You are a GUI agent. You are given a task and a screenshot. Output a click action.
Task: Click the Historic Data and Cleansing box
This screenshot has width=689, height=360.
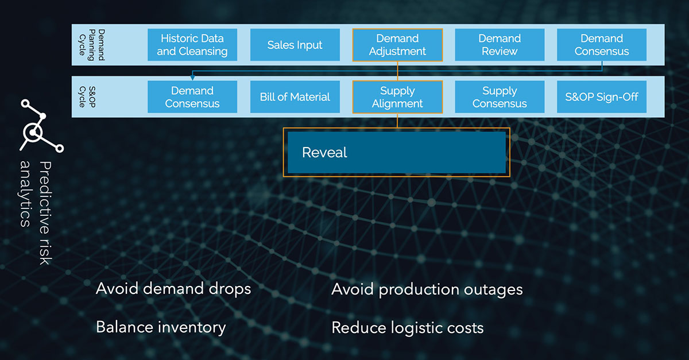[192, 45]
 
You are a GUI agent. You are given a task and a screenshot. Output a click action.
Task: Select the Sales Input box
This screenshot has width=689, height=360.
[295, 45]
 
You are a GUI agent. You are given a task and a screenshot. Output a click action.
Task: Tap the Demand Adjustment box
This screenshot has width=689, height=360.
[397, 45]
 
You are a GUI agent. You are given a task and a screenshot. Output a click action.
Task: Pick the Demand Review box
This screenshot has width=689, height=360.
[500, 45]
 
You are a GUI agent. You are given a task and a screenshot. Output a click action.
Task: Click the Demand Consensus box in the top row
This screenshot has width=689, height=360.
[602, 45]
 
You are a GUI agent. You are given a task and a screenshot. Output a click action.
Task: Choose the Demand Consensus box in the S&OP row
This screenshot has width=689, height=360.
[192, 97]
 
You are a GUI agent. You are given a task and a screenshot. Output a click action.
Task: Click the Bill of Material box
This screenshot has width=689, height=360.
[295, 97]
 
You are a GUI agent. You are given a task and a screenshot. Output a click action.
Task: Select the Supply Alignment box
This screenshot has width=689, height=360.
[397, 97]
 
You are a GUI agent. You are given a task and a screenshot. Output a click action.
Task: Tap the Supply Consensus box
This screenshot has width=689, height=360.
[500, 97]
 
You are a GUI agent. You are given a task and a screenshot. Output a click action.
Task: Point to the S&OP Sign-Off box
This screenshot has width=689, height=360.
[602, 97]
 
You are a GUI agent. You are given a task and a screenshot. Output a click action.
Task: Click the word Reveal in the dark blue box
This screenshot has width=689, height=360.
[324, 153]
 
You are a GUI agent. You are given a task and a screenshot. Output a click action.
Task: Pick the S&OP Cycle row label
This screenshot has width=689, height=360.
[86, 97]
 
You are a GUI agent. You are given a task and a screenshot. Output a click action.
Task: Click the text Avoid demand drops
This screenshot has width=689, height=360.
[173, 288]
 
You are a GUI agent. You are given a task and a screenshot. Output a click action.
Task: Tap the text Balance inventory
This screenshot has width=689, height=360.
[161, 327]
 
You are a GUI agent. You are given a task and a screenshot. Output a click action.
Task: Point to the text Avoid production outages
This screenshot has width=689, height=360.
[427, 289]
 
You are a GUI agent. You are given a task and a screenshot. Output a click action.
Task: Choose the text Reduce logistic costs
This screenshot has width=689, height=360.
[408, 328]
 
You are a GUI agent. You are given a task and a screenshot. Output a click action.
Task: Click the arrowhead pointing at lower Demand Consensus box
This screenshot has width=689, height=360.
[192, 78]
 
